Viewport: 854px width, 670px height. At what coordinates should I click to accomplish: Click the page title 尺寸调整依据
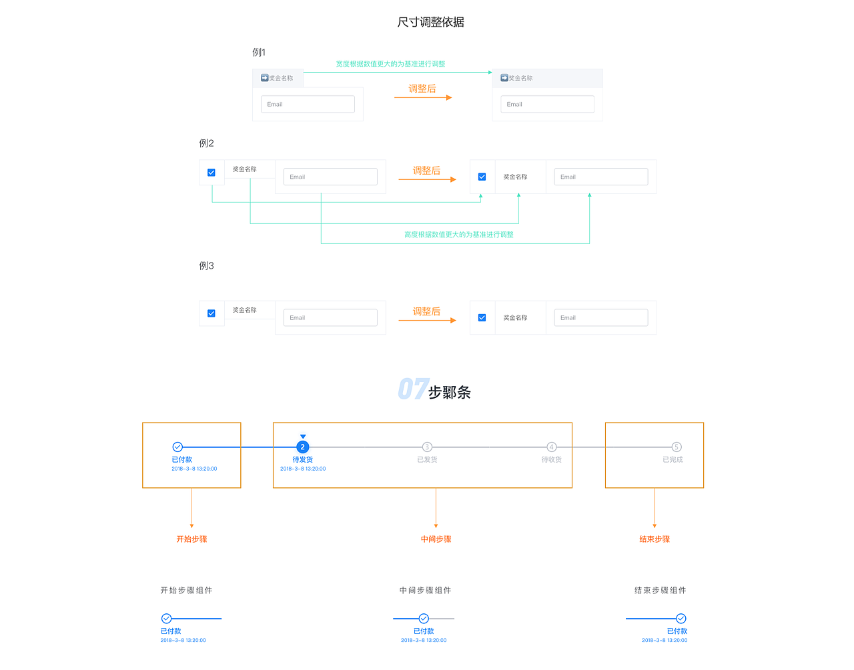click(x=430, y=22)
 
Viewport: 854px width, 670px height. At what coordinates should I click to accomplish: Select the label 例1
click(x=259, y=53)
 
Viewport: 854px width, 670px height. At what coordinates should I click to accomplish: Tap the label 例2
click(x=206, y=143)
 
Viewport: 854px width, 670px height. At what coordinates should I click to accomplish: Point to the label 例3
click(x=206, y=266)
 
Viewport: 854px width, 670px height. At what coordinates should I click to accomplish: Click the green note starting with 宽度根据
click(x=390, y=64)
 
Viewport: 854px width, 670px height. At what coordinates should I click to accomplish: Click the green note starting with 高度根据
click(x=458, y=235)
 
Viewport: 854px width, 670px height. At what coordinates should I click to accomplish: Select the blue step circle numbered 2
click(x=303, y=447)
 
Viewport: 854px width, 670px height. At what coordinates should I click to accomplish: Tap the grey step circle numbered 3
click(x=427, y=447)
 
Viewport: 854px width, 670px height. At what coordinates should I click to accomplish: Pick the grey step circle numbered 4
click(x=552, y=447)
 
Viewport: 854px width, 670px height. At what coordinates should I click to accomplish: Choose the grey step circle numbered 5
click(x=676, y=447)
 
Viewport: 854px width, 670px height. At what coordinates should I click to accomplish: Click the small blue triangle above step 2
click(x=303, y=437)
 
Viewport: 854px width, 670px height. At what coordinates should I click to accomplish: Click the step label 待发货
click(x=302, y=460)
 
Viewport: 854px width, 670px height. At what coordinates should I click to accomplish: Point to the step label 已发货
click(x=427, y=460)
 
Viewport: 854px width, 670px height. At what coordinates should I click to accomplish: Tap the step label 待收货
click(x=552, y=460)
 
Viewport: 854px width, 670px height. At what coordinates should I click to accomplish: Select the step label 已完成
click(x=673, y=460)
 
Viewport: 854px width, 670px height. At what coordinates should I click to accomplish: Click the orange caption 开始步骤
click(x=191, y=539)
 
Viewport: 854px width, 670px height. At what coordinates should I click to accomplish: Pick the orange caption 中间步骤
click(x=436, y=539)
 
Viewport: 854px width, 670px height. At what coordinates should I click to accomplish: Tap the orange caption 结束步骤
click(x=655, y=539)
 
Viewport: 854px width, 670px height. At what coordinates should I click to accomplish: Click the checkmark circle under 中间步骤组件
click(x=424, y=619)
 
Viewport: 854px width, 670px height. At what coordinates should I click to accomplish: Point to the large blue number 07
click(x=412, y=389)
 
